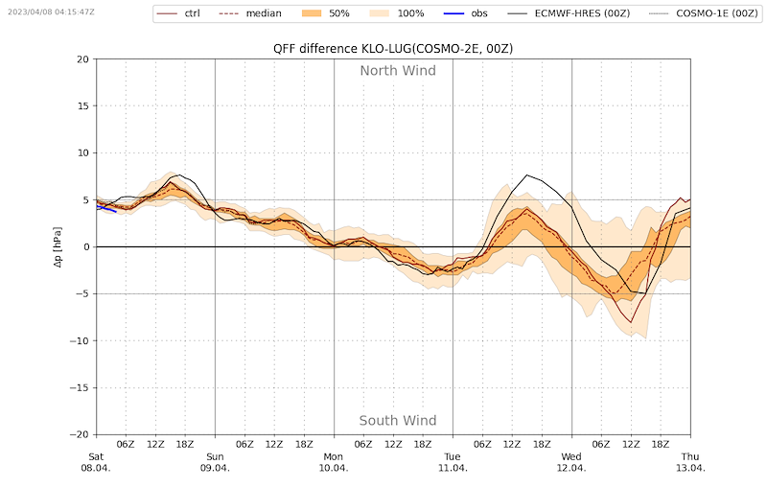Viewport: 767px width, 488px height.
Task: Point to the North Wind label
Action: pyautogui.click(x=398, y=71)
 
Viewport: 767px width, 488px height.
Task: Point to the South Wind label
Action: pyautogui.click(x=398, y=421)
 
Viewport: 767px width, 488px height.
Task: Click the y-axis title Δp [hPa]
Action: pyautogui.click(x=58, y=246)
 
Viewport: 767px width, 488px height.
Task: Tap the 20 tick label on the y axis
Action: pyautogui.click(x=82, y=59)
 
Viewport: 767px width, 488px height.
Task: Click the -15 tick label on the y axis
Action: pyautogui.click(x=81, y=388)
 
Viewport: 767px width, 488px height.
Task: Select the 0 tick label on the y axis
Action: pyautogui.click(x=85, y=247)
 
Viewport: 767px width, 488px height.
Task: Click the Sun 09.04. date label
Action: pyautogui.click(x=215, y=462)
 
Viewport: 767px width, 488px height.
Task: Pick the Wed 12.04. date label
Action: pyautogui.click(x=571, y=462)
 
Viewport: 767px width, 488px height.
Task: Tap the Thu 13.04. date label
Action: pyautogui.click(x=690, y=462)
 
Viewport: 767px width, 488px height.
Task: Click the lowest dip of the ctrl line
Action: pyautogui.click(x=629, y=321)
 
